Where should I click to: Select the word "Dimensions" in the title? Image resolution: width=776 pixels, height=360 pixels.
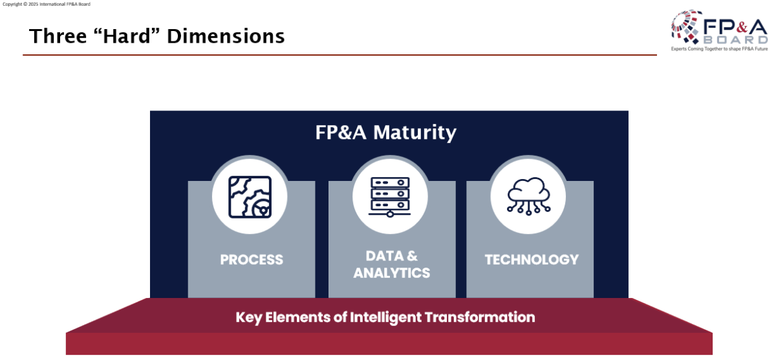click(x=226, y=36)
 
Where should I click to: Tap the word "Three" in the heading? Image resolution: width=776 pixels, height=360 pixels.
click(x=58, y=36)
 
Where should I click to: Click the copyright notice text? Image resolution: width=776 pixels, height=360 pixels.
click(x=47, y=4)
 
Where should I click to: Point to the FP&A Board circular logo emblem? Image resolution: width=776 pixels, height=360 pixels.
click(x=686, y=26)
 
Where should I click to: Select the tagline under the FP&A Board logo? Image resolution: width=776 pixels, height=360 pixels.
click(x=719, y=49)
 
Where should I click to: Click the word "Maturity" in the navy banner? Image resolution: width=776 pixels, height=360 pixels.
click(x=415, y=133)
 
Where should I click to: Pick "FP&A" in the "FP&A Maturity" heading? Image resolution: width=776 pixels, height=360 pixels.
click(x=341, y=132)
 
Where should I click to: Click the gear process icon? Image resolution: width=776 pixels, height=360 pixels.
click(x=250, y=197)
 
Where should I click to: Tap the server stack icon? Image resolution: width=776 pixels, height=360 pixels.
click(x=390, y=197)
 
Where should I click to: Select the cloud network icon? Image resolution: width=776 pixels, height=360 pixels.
click(x=529, y=196)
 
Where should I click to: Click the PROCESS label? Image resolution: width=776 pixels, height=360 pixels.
click(x=252, y=260)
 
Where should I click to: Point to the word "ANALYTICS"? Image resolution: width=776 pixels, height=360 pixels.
click(x=392, y=273)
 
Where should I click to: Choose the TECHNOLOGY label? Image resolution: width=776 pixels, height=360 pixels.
click(x=532, y=260)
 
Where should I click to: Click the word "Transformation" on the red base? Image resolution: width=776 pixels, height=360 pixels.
click(x=480, y=317)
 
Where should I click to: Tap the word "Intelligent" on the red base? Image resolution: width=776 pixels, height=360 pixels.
click(x=385, y=318)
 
